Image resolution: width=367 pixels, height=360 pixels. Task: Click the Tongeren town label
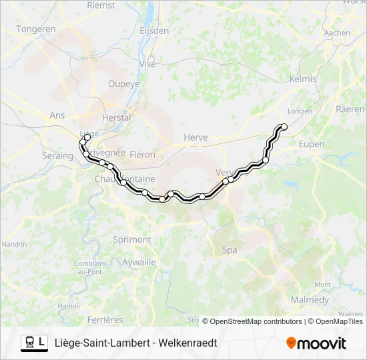click(36, 29)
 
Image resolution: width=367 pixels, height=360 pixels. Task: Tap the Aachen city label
click(337, 33)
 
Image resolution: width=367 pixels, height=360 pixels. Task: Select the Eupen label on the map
click(312, 144)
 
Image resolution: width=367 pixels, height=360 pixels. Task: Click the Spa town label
click(229, 250)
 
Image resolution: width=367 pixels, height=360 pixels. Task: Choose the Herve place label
click(196, 137)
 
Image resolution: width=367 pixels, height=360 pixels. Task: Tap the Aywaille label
click(139, 262)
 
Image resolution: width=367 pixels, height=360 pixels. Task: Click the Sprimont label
click(132, 239)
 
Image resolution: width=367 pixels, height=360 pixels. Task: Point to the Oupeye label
click(124, 84)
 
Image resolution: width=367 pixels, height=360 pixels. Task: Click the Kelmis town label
click(303, 79)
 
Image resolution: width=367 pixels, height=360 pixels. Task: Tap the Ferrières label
click(105, 320)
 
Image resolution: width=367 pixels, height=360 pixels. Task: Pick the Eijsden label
click(154, 31)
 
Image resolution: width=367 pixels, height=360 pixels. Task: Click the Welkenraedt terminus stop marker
click(284, 127)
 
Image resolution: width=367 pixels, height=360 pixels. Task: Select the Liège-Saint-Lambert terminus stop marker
click(87, 137)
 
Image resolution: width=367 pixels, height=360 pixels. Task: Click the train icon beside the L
click(29, 343)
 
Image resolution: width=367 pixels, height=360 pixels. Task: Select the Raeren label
click(350, 109)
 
